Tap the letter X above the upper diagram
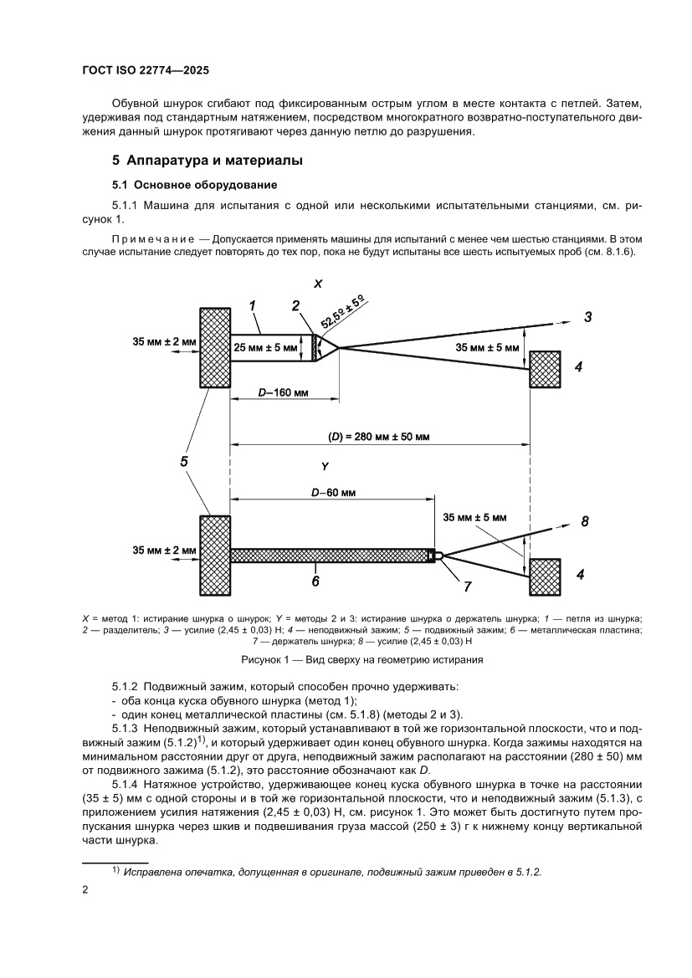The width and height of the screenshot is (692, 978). (318, 284)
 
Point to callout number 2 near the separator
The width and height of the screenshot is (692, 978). (296, 306)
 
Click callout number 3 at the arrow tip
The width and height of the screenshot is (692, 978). (587, 317)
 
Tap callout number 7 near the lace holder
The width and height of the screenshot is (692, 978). (468, 586)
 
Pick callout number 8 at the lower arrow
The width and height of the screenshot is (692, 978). (585, 522)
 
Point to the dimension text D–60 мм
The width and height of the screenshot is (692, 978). (333, 494)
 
